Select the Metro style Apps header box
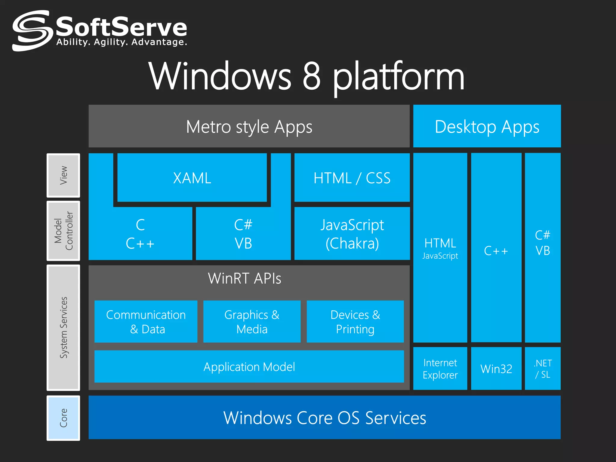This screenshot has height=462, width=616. point(249,126)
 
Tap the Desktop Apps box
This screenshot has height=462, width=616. point(487,126)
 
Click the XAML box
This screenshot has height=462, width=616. point(192,178)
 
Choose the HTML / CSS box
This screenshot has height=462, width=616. point(352,178)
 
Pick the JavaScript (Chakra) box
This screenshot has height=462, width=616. point(352,234)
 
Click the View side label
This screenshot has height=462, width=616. point(63,175)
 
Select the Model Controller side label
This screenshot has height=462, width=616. point(63,231)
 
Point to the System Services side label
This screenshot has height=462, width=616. point(63,327)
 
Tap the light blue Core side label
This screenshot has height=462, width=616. point(63,418)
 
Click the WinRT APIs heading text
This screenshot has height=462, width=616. point(244,279)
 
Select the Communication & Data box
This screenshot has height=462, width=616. point(146,322)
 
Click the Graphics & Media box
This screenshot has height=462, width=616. point(252,322)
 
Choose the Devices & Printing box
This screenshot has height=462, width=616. point(355,322)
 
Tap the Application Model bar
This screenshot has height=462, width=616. point(249,367)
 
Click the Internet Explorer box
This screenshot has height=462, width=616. point(440,369)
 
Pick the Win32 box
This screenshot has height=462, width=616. point(496,369)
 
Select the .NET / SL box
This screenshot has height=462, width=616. point(543,369)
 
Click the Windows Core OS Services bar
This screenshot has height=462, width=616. point(324,417)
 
